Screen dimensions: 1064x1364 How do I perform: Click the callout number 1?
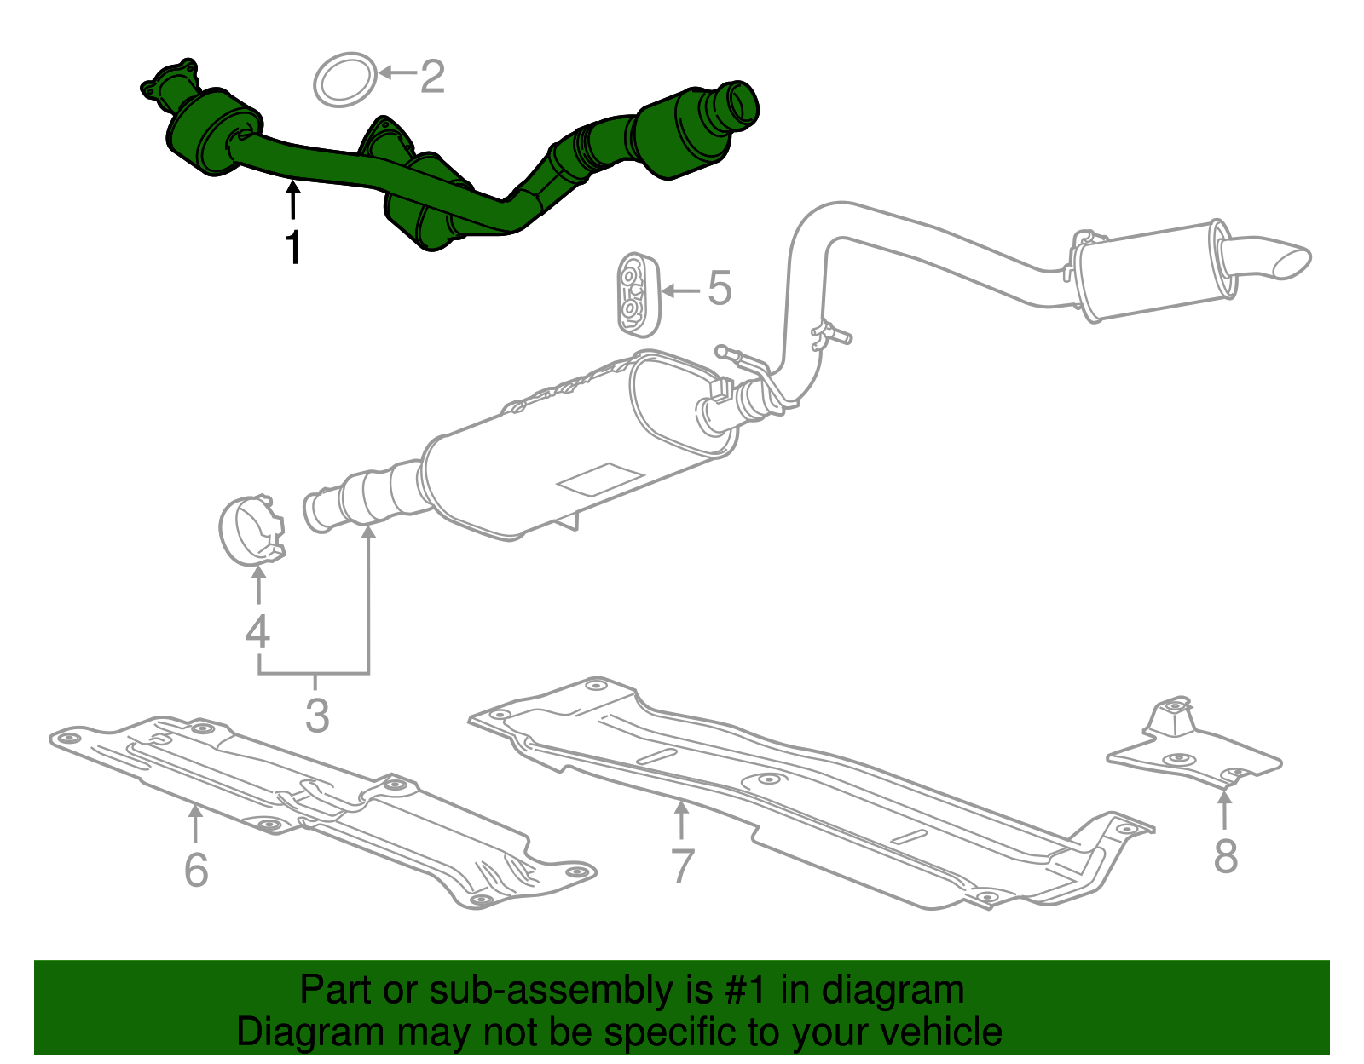point(292,247)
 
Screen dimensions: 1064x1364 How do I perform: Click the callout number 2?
point(432,77)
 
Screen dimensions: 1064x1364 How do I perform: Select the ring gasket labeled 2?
point(345,80)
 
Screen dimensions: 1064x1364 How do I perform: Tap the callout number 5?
point(720,289)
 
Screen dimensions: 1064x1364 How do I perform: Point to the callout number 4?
point(257,632)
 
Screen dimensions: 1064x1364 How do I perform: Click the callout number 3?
point(316,716)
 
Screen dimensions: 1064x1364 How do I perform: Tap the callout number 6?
point(196,869)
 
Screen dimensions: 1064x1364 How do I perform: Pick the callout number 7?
point(682,866)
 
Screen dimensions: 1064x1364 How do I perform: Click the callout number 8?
point(1225,856)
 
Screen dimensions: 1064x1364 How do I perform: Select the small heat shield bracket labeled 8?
point(1193,750)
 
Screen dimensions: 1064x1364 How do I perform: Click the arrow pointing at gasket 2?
point(396,72)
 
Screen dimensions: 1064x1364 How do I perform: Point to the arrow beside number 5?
point(679,290)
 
